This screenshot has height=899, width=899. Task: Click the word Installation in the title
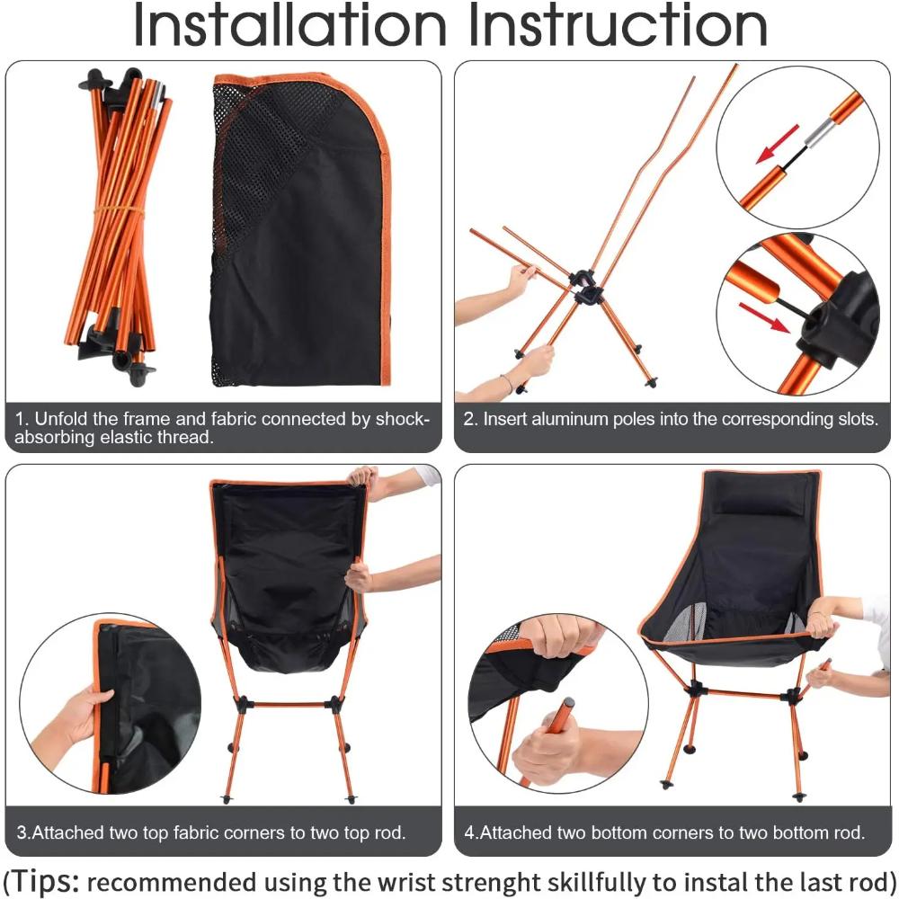288,27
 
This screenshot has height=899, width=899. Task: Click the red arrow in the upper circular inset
777,144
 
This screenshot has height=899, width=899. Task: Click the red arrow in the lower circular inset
764,318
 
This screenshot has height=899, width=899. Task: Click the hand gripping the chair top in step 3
363,477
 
